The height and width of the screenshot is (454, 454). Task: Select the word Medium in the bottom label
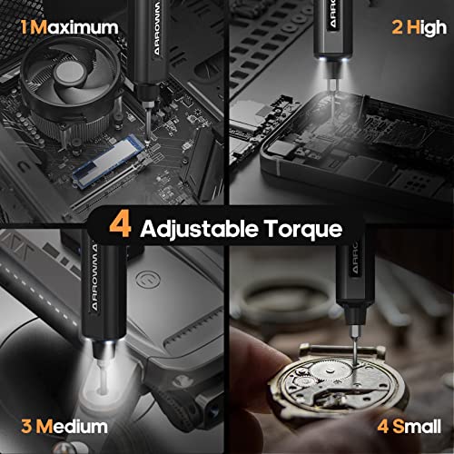[x=74, y=425]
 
